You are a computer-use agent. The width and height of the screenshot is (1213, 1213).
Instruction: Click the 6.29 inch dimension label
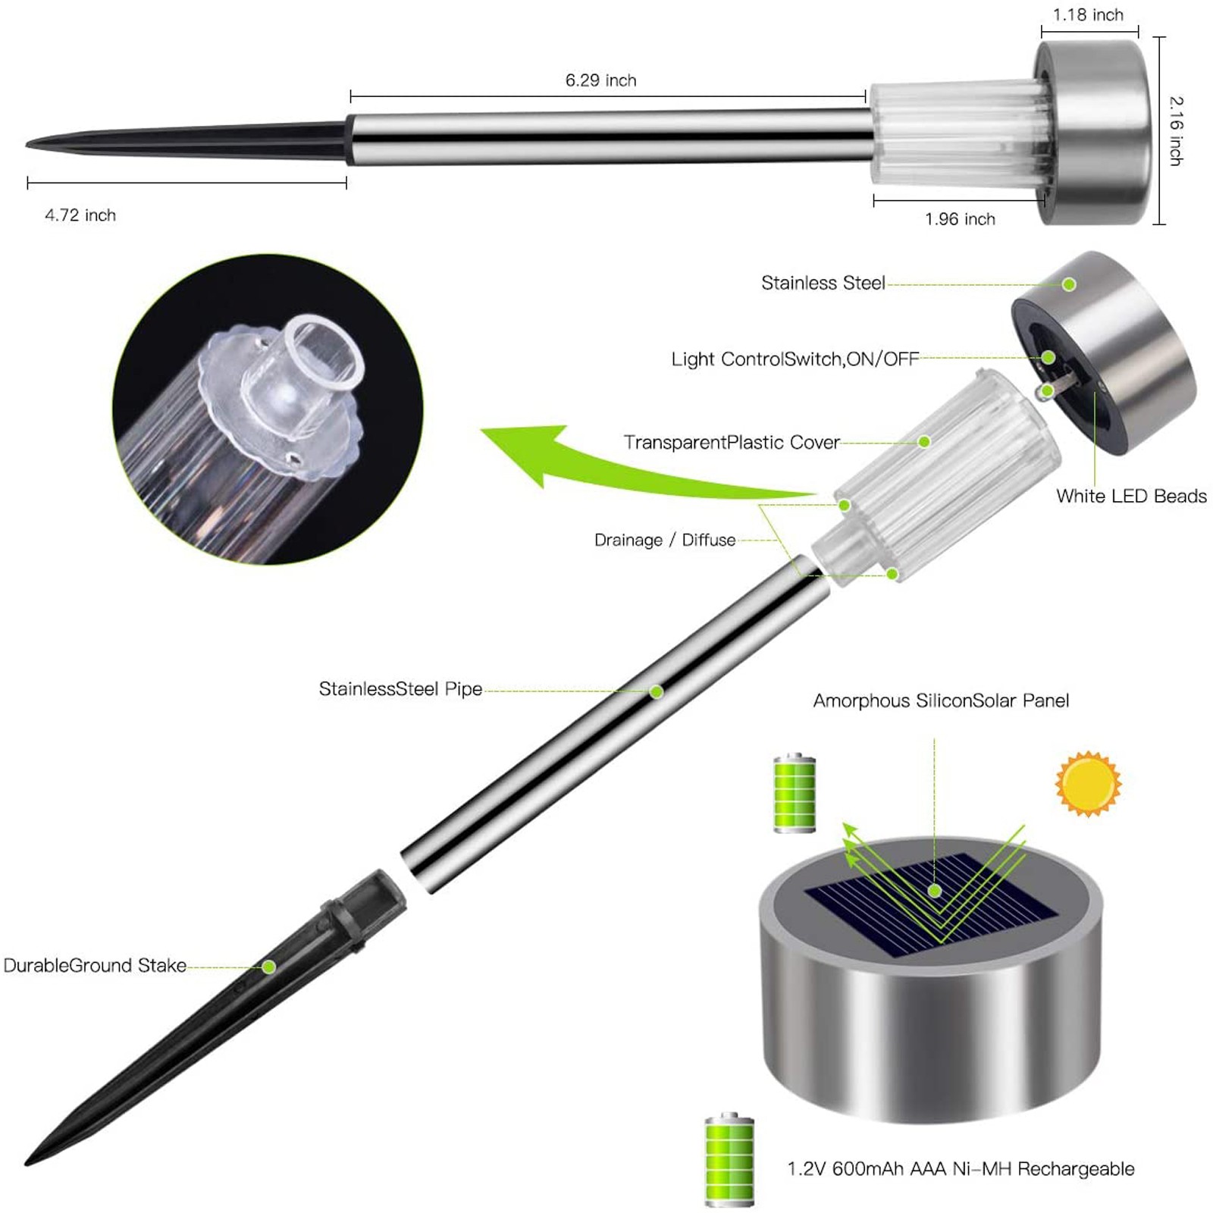[x=600, y=80]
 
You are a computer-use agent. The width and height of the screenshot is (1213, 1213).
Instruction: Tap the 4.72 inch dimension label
[x=80, y=215]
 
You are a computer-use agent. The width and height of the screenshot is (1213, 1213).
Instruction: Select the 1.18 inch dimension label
[x=1088, y=15]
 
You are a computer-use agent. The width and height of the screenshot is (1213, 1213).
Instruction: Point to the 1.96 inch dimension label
[x=960, y=219]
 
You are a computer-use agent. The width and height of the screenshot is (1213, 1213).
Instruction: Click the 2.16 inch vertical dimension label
[x=1176, y=130]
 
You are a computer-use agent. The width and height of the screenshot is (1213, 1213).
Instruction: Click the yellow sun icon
[x=1088, y=784]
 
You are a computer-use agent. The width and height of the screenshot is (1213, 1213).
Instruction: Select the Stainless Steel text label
[x=823, y=284]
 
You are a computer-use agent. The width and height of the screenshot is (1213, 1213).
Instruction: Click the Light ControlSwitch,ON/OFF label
[x=795, y=359]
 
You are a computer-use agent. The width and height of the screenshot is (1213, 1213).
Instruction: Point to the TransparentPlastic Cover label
[x=732, y=443]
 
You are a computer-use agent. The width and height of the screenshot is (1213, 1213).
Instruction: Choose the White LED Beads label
[x=1131, y=497]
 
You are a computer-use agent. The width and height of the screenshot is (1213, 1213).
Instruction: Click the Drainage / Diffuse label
[x=665, y=540]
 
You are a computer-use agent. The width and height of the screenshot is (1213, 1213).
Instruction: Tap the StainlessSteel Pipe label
[x=400, y=689]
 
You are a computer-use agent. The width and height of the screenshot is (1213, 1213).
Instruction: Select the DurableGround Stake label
[x=95, y=966]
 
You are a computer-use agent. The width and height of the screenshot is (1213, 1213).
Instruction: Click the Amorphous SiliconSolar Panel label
[x=941, y=701]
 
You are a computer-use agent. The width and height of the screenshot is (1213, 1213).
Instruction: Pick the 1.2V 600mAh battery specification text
[x=961, y=1169]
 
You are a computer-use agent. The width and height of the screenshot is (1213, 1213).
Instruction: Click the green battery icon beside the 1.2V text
[x=729, y=1159]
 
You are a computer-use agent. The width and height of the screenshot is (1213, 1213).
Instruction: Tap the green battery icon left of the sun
[x=795, y=793]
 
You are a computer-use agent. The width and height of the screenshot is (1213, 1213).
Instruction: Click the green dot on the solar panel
[x=935, y=892]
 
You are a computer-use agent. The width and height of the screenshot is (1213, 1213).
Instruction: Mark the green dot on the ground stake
[x=268, y=967]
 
